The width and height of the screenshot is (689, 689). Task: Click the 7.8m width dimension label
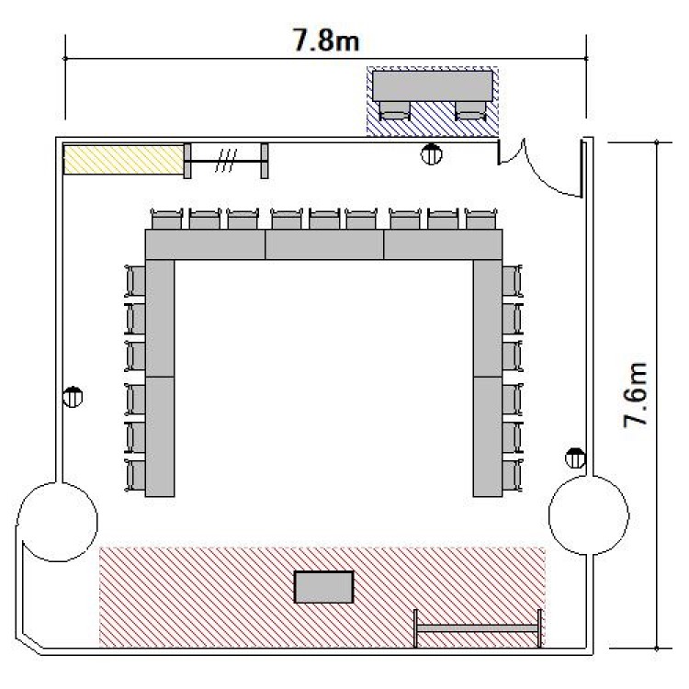click(326, 40)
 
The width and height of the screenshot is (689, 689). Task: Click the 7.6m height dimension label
click(636, 394)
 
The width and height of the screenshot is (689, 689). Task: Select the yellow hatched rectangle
click(123, 160)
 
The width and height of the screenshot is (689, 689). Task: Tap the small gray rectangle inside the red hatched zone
click(324, 587)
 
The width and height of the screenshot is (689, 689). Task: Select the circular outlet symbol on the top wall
click(432, 153)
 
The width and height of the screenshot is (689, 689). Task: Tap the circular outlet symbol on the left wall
click(73, 397)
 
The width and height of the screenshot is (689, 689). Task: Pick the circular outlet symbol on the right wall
click(575, 458)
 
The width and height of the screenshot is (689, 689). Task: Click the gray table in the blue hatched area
click(433, 86)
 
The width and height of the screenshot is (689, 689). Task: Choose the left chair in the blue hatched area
click(395, 110)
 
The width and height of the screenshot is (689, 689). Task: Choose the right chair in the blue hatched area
click(470, 110)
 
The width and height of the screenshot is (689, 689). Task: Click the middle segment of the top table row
click(324, 244)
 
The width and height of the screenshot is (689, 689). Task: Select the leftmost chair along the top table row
click(166, 219)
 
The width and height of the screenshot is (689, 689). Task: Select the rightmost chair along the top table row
click(480, 219)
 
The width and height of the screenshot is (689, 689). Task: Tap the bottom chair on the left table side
click(135, 476)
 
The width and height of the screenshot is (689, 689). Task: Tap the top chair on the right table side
click(513, 281)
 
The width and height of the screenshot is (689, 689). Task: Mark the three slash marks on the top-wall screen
click(226, 161)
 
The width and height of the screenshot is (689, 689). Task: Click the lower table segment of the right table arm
click(488, 436)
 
